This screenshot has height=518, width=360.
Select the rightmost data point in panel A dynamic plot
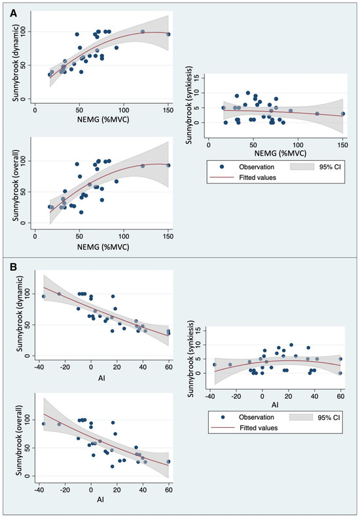point(168,34)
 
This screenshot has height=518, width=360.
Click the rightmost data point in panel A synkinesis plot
point(343,114)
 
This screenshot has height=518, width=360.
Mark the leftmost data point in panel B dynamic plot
point(44,296)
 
